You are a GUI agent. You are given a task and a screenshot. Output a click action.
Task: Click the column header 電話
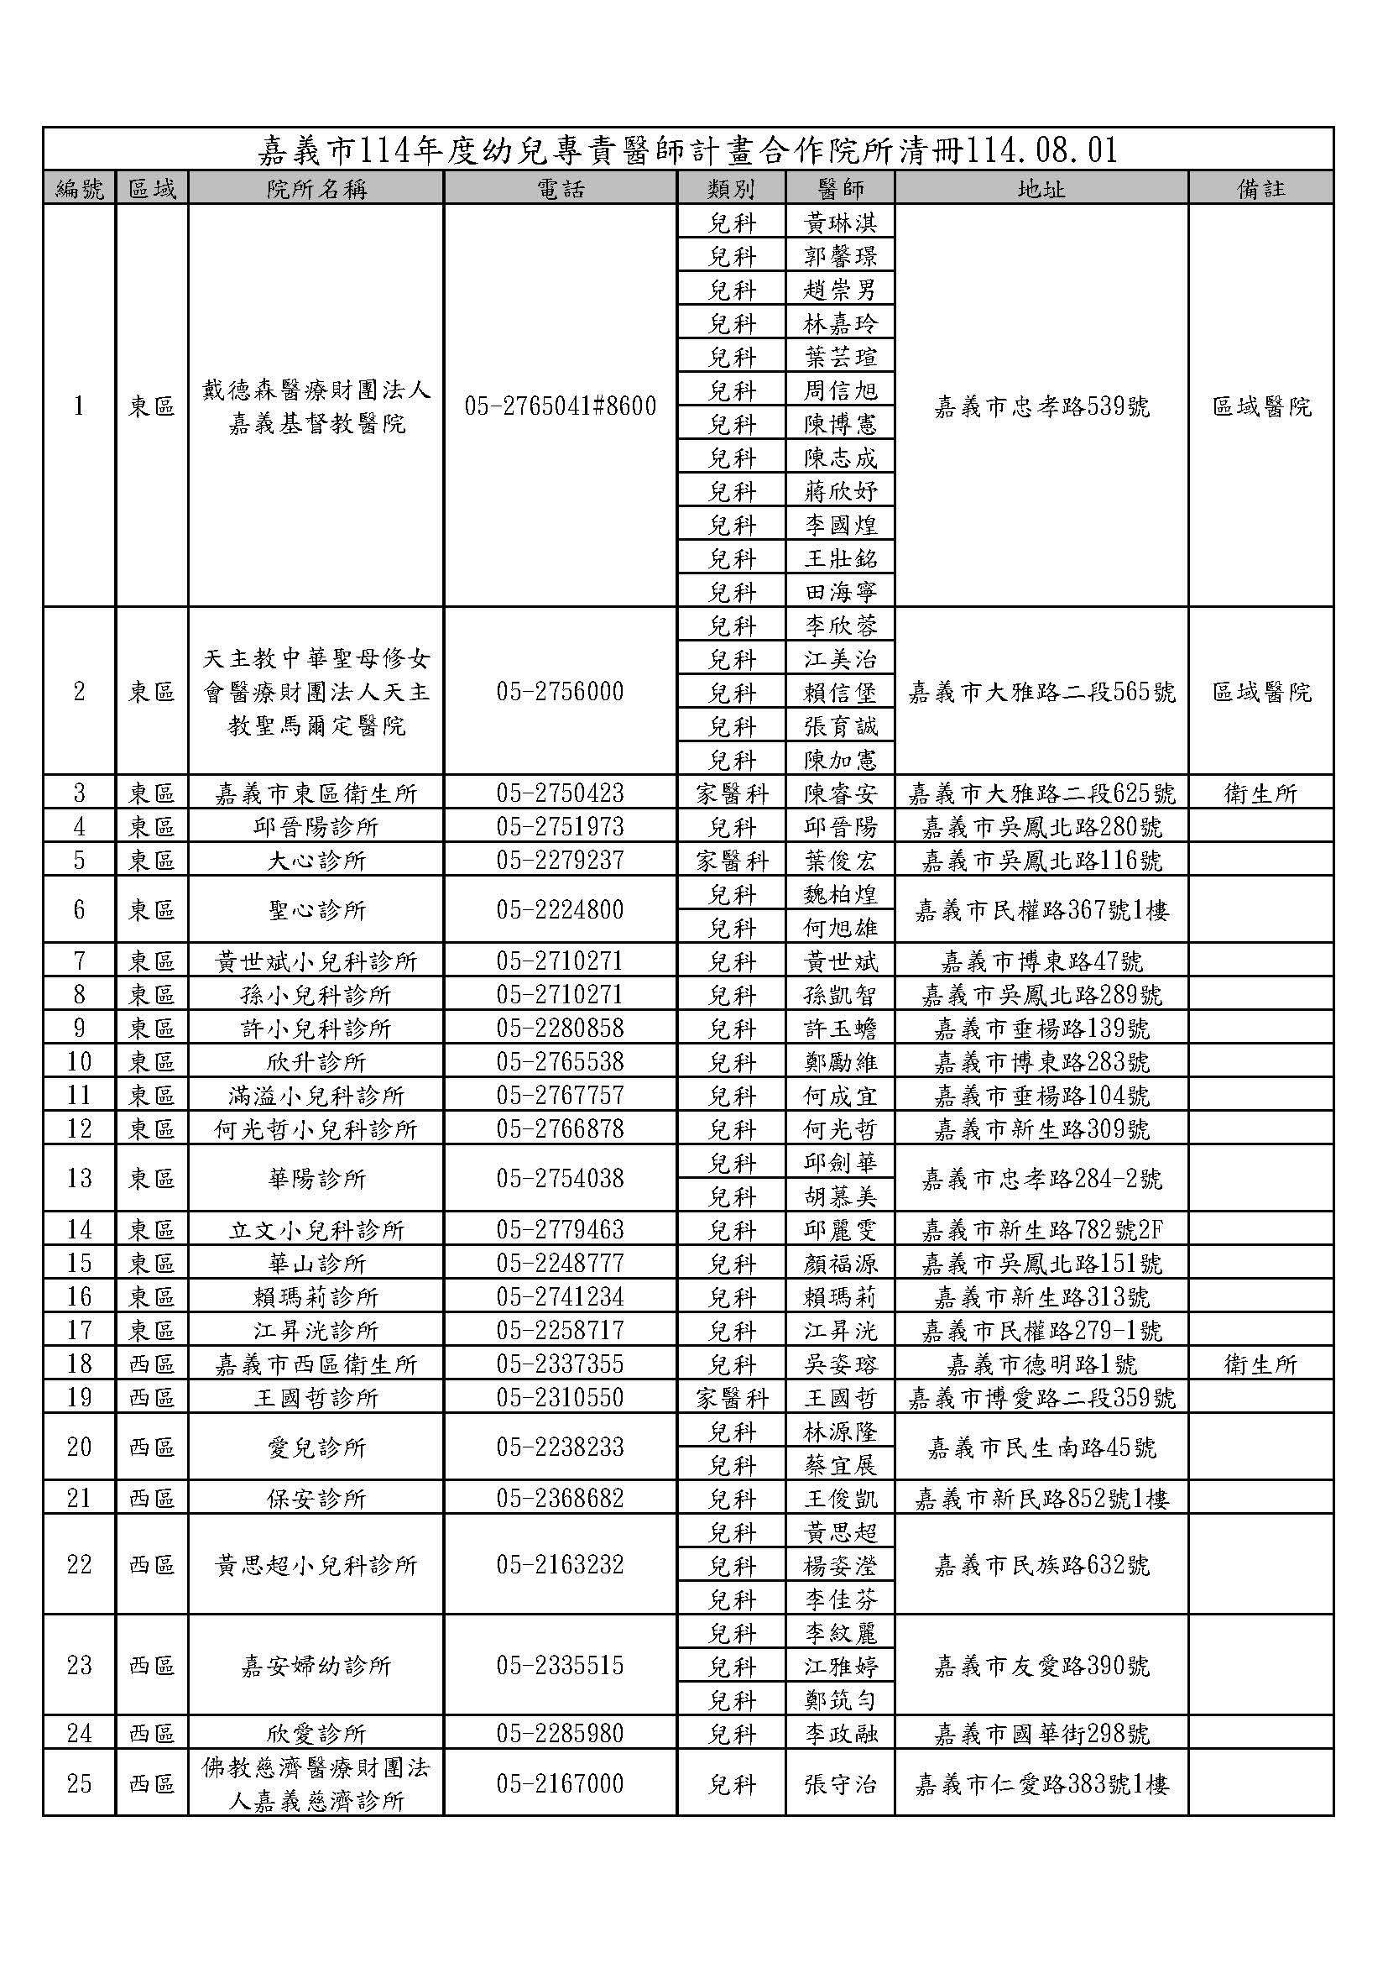click(561, 188)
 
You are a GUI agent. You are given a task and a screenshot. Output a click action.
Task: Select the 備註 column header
click(1260, 188)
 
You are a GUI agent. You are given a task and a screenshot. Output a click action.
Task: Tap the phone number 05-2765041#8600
click(561, 406)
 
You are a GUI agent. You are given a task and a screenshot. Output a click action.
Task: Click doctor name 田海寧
click(840, 591)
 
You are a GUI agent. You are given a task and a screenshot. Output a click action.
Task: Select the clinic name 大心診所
click(316, 860)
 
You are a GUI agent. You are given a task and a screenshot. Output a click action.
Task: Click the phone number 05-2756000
click(561, 692)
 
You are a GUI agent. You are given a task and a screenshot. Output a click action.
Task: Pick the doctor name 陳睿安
click(840, 793)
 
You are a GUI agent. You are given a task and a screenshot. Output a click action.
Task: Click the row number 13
click(80, 1178)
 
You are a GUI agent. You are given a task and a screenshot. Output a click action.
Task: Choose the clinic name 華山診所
click(316, 1263)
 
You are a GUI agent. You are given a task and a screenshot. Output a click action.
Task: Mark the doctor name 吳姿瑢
click(840, 1364)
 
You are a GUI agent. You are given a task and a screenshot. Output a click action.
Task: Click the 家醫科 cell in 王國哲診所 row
click(732, 1398)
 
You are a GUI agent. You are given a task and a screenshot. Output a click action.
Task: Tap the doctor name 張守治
click(840, 1784)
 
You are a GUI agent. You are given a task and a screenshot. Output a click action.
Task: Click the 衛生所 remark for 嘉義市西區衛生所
click(1260, 1364)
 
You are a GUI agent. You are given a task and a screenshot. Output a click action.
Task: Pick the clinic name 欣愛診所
click(316, 1734)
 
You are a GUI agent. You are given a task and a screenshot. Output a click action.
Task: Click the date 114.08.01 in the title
click(1040, 150)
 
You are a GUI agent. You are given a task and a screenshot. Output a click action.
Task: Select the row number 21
click(80, 1499)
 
